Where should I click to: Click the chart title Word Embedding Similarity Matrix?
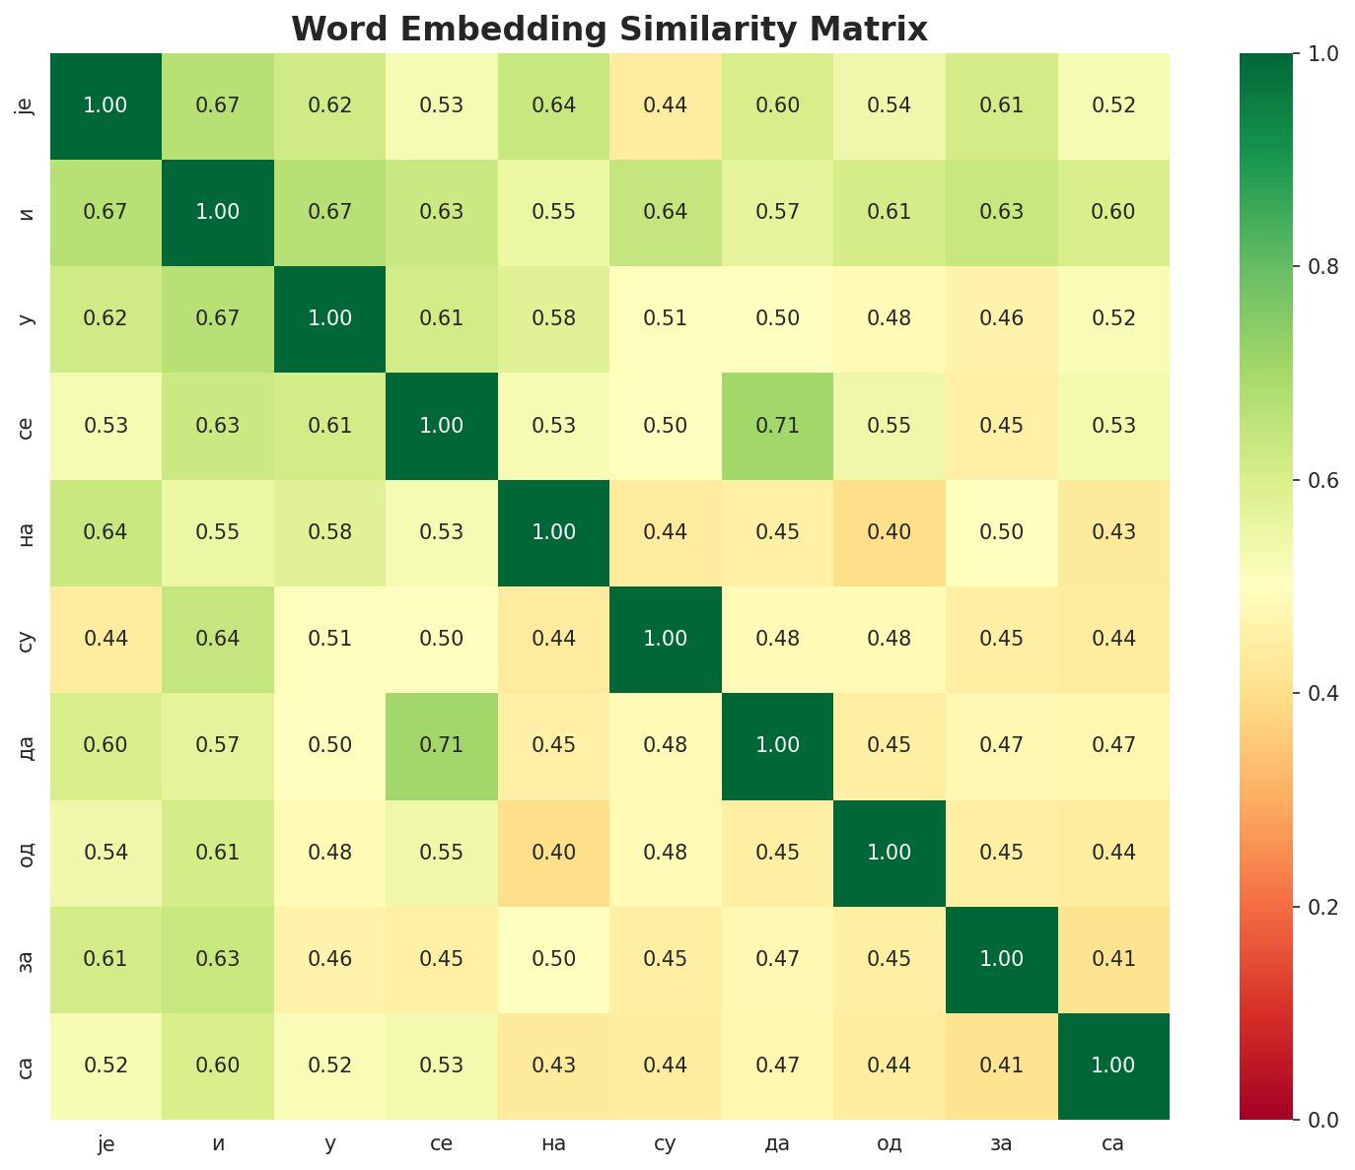coord(609,29)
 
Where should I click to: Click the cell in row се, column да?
coord(778,426)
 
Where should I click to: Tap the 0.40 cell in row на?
coord(890,532)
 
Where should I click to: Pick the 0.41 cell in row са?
coord(1002,1066)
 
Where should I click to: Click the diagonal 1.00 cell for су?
coord(666,639)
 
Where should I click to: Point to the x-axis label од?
coord(890,1143)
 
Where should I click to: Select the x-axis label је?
coord(106,1143)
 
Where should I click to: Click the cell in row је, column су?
coord(666,105)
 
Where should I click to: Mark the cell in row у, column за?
coord(1002,318)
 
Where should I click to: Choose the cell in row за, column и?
coord(218,959)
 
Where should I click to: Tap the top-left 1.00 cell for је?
coord(106,105)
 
